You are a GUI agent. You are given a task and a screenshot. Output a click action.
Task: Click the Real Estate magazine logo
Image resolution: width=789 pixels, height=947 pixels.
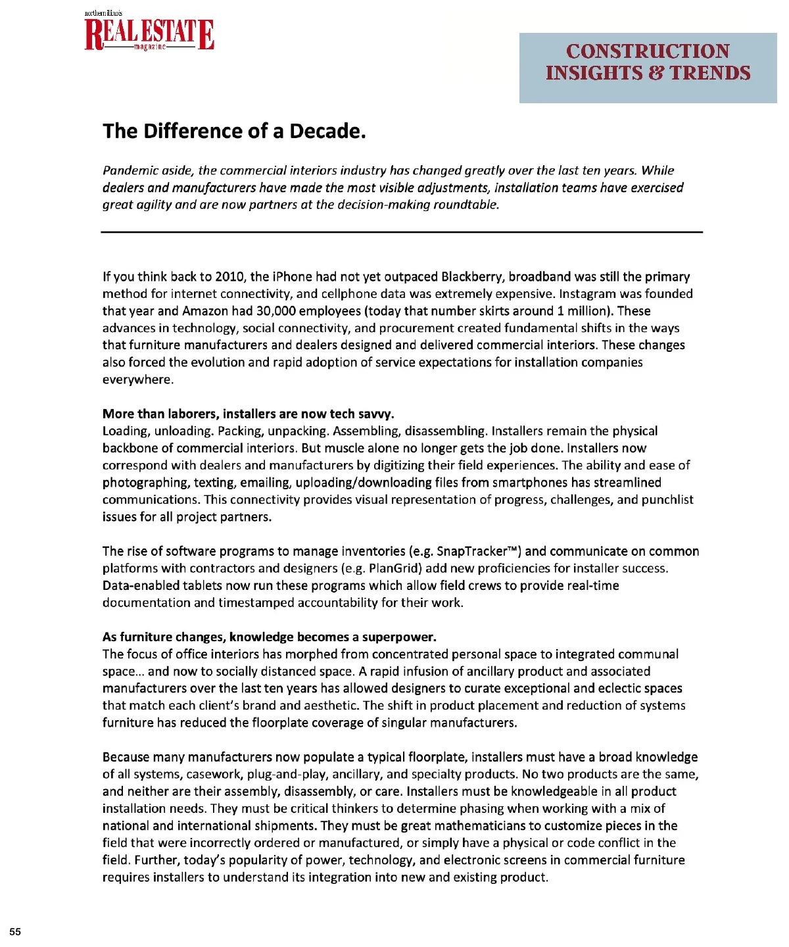click(149, 34)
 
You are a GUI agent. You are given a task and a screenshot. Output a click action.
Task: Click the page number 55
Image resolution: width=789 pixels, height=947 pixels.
click(15, 931)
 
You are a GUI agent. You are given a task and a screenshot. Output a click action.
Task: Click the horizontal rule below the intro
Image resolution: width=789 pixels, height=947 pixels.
click(402, 232)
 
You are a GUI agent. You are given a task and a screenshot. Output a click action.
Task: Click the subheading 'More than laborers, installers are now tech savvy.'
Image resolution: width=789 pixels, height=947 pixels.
click(249, 414)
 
